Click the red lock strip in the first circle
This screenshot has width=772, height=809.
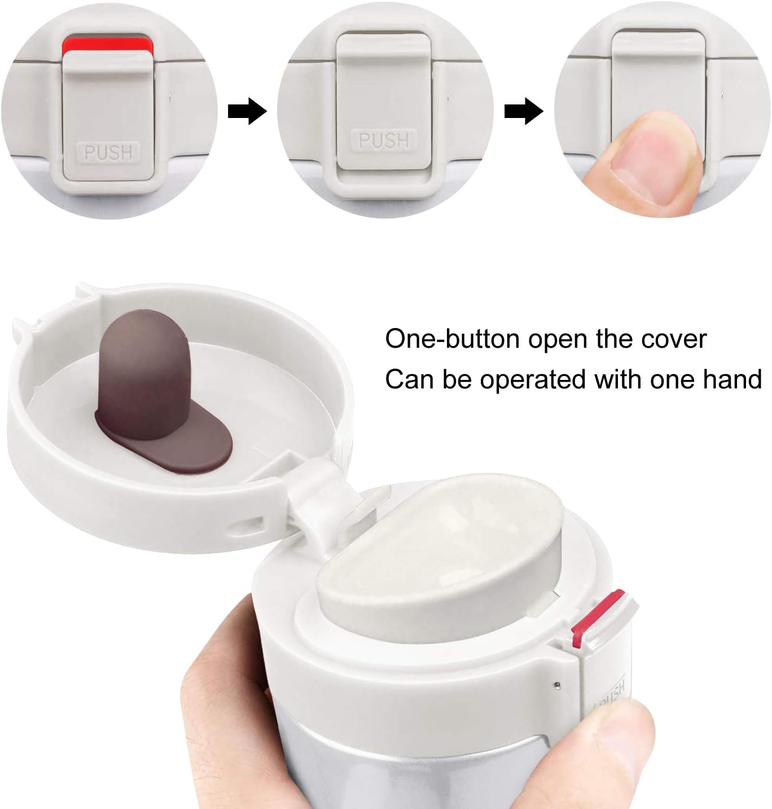(107, 45)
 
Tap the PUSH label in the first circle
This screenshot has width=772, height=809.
(108, 152)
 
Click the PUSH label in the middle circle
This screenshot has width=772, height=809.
(384, 141)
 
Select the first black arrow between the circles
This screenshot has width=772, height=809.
(247, 111)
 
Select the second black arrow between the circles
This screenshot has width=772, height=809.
(524, 111)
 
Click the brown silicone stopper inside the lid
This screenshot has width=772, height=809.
(159, 391)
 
